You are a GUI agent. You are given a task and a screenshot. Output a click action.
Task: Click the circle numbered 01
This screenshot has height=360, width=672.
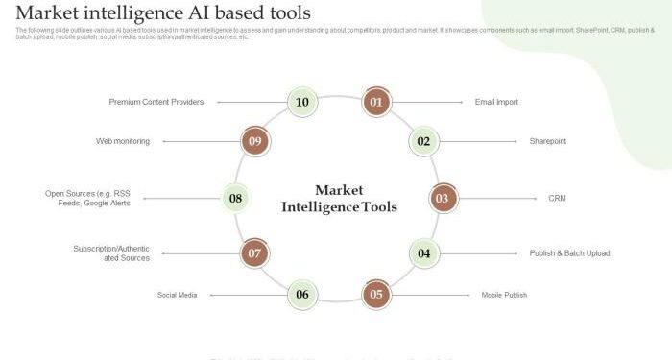(x=376, y=101)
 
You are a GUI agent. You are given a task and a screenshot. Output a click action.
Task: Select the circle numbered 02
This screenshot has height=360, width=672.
(x=423, y=141)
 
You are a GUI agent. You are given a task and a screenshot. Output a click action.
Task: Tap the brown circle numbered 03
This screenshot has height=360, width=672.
(x=442, y=199)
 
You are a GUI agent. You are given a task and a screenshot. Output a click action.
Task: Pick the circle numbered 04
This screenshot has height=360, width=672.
(x=423, y=253)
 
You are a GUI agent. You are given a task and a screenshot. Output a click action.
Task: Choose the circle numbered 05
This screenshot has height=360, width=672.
(x=376, y=294)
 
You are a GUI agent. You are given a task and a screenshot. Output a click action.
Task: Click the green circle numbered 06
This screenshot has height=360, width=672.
(x=302, y=294)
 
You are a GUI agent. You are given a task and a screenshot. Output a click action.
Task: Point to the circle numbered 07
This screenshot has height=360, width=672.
(x=254, y=253)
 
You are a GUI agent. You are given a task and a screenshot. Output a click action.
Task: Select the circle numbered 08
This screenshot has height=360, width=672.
(x=236, y=199)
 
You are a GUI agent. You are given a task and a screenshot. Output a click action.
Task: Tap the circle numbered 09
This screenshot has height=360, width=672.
(x=254, y=141)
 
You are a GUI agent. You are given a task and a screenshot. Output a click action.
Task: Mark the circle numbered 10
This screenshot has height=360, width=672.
(x=302, y=101)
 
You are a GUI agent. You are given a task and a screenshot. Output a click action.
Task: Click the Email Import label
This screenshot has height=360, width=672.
(x=496, y=101)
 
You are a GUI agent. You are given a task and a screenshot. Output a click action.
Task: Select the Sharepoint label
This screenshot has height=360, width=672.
(x=548, y=141)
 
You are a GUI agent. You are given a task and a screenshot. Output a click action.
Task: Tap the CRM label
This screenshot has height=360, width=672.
(x=557, y=199)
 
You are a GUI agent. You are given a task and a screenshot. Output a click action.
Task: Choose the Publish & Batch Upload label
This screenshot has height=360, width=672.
(x=569, y=253)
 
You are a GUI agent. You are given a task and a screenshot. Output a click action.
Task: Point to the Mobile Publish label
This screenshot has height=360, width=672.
(x=504, y=295)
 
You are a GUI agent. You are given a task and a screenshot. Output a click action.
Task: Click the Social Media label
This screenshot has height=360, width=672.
(x=177, y=295)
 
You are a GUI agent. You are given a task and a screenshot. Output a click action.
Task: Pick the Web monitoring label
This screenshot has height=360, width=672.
(x=123, y=141)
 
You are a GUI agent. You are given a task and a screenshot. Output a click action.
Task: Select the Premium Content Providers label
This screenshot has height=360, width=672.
(x=156, y=101)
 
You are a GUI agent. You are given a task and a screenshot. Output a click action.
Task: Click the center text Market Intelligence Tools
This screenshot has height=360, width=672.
(x=339, y=198)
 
